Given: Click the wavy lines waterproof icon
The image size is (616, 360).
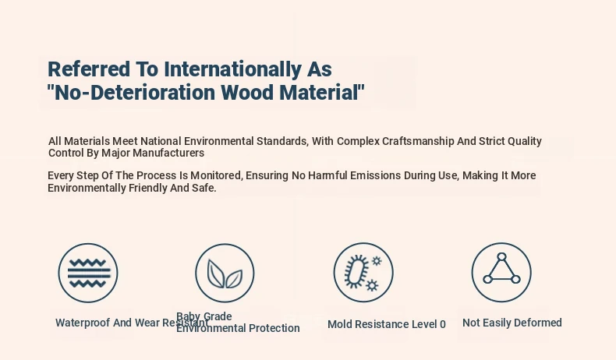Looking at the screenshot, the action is (x=88, y=273).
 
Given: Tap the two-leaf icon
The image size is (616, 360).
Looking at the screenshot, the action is (x=225, y=274).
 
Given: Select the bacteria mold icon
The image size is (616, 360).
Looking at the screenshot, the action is (x=363, y=273).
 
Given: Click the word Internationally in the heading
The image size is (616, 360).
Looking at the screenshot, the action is (x=232, y=69).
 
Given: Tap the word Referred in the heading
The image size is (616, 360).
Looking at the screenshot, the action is (x=89, y=69).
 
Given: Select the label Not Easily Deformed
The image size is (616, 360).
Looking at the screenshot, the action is (x=512, y=323).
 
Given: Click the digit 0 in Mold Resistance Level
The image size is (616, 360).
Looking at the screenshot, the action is (x=443, y=325).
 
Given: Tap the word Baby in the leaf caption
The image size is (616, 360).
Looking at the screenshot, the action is (x=188, y=316).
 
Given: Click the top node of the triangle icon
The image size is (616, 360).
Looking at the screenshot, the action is (x=501, y=256).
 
